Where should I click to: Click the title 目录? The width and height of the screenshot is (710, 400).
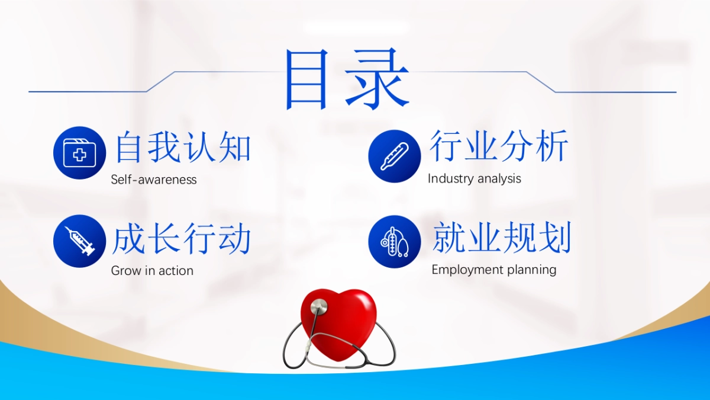coord(347,79)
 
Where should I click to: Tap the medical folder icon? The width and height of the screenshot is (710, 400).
coord(79,153)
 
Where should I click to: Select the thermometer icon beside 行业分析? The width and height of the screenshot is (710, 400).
coord(395,156)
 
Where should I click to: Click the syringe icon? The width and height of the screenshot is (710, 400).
coord(79,241)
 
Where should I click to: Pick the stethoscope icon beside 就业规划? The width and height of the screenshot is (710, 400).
coord(395,242)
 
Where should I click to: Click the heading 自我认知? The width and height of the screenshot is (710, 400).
coord(183,148)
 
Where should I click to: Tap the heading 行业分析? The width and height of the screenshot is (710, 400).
coord(499,145)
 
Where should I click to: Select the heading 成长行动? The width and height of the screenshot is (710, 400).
coord(182,238)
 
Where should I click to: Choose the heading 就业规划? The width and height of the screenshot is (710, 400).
coord(502,237)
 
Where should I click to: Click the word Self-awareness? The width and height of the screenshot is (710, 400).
coord(154,180)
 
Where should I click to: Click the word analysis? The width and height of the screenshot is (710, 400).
coord(499,179)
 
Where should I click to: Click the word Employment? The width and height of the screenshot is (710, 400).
coord(467,270)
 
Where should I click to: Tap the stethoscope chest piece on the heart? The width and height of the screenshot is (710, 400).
coord(319,306)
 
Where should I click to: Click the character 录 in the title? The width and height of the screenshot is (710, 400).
coord(377,79)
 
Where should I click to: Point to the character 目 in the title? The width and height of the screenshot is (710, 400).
coord(306,80)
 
